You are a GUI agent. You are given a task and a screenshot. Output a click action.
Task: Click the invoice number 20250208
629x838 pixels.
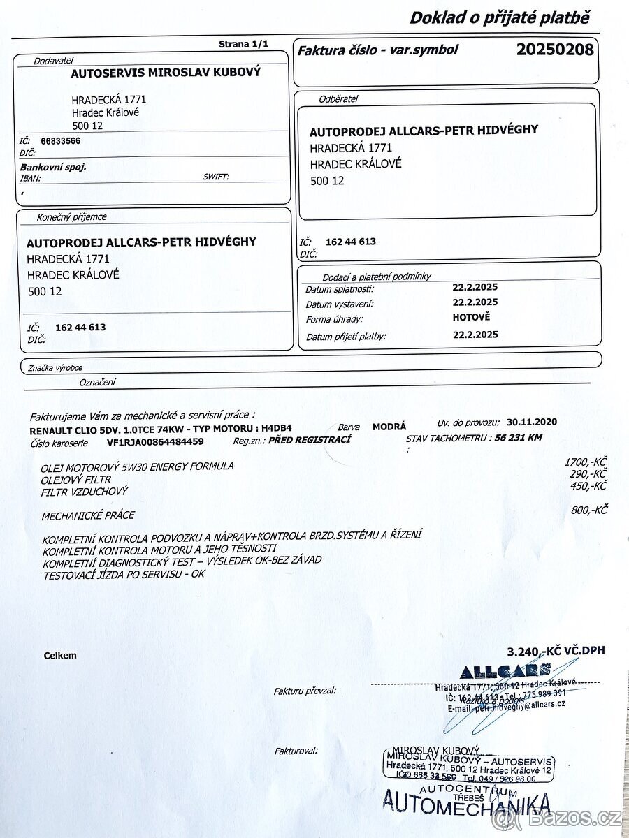point(555,50)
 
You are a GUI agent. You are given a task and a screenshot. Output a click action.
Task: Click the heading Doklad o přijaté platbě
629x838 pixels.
point(500,17)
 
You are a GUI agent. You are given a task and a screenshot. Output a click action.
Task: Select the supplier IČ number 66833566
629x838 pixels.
point(61,140)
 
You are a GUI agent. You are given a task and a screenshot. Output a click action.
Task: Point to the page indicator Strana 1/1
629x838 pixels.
point(243,44)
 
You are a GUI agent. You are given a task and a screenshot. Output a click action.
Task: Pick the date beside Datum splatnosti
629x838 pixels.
point(475,286)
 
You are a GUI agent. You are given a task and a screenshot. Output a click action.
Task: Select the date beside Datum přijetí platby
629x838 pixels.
point(475,335)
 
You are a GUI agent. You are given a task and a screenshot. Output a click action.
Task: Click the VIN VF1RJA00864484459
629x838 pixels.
point(155,441)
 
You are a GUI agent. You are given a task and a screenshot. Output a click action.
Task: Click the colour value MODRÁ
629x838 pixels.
point(389,426)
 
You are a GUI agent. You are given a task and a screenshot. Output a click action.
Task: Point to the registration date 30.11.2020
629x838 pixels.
point(532,422)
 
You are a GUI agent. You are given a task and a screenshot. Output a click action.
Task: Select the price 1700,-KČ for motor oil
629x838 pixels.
point(586,462)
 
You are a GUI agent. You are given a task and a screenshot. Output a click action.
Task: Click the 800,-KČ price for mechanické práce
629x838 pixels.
point(589,510)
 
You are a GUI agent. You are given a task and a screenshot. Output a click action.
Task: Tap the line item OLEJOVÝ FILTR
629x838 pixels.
point(76,479)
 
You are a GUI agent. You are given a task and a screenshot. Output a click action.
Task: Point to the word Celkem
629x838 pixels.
point(60,656)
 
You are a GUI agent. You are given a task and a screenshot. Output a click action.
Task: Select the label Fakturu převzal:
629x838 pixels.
point(305,691)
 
